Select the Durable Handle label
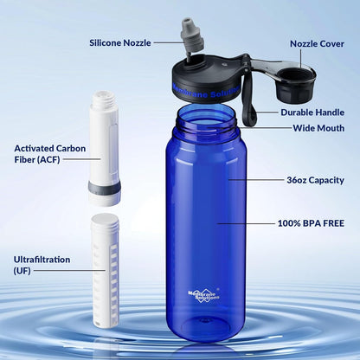click(x=311, y=112)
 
